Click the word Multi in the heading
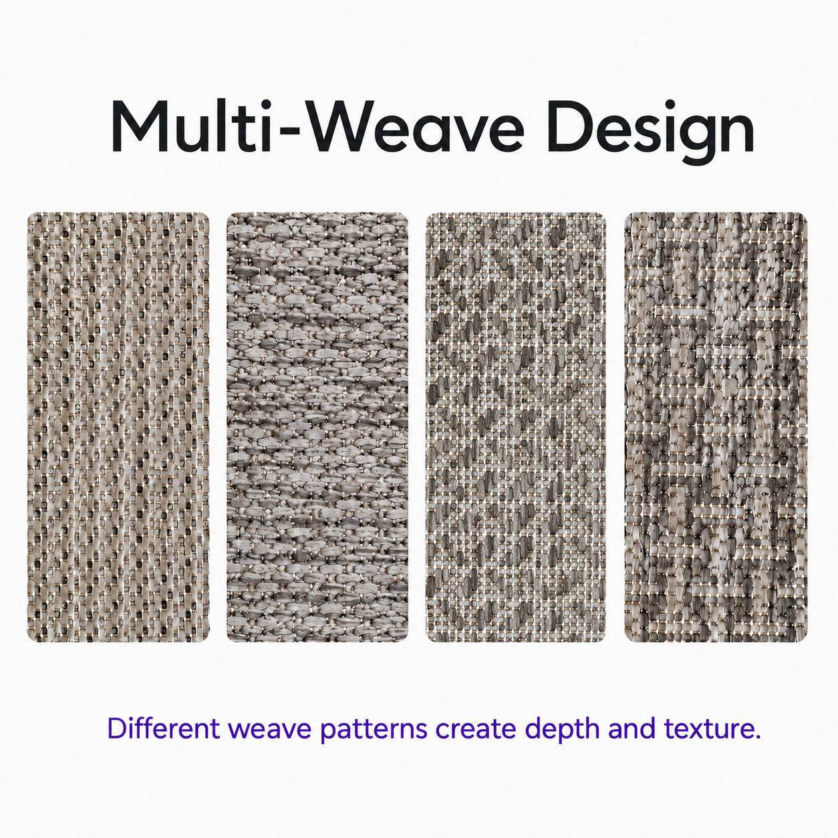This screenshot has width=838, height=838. pyautogui.click(x=190, y=126)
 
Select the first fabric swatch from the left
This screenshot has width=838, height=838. pyautogui.click(x=118, y=426)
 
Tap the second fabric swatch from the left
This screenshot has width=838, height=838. pyautogui.click(x=317, y=426)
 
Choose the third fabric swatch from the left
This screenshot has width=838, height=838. pyautogui.click(x=516, y=426)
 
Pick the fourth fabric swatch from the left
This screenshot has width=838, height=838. pyautogui.click(x=716, y=426)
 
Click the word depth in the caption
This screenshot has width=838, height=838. pyautogui.click(x=562, y=729)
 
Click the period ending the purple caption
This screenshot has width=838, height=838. pyautogui.click(x=757, y=736)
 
